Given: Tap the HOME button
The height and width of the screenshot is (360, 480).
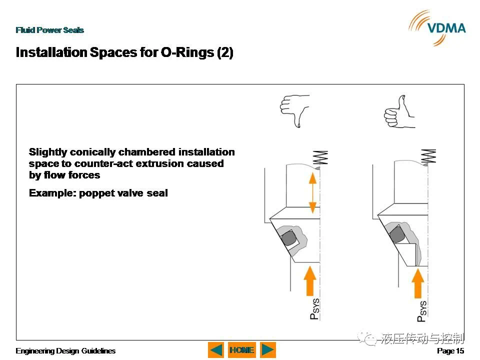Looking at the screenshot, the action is pyautogui.click(x=242, y=350).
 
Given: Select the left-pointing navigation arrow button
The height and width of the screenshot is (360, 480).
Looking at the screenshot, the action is pyautogui.click(x=216, y=350).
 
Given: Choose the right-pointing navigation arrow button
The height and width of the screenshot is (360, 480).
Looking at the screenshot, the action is pyautogui.click(x=268, y=350).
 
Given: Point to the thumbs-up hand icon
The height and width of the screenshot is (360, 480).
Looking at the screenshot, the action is pyautogui.click(x=399, y=111).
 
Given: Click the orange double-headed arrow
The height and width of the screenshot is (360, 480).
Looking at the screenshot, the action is pyautogui.click(x=312, y=193).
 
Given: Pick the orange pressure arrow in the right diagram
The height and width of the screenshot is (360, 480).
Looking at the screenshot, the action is pyautogui.click(x=418, y=283).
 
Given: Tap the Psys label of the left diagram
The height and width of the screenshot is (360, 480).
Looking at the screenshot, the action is pyautogui.click(x=314, y=308).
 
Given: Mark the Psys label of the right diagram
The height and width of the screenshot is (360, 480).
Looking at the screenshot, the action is pyautogui.click(x=422, y=310).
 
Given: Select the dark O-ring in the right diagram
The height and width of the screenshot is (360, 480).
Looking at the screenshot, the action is pyautogui.click(x=397, y=234).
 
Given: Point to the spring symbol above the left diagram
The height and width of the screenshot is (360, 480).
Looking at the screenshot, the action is pyautogui.click(x=320, y=157).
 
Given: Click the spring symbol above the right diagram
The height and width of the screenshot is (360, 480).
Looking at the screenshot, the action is pyautogui.click(x=428, y=156).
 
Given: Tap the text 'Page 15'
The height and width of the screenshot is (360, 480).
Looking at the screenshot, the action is pyautogui.click(x=450, y=351).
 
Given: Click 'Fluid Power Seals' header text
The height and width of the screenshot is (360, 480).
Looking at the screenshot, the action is pyautogui.click(x=50, y=30).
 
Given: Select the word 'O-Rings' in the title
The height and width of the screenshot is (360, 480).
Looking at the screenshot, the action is pyautogui.click(x=187, y=52).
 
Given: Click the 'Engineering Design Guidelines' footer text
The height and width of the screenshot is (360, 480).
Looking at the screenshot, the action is pyautogui.click(x=65, y=351).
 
